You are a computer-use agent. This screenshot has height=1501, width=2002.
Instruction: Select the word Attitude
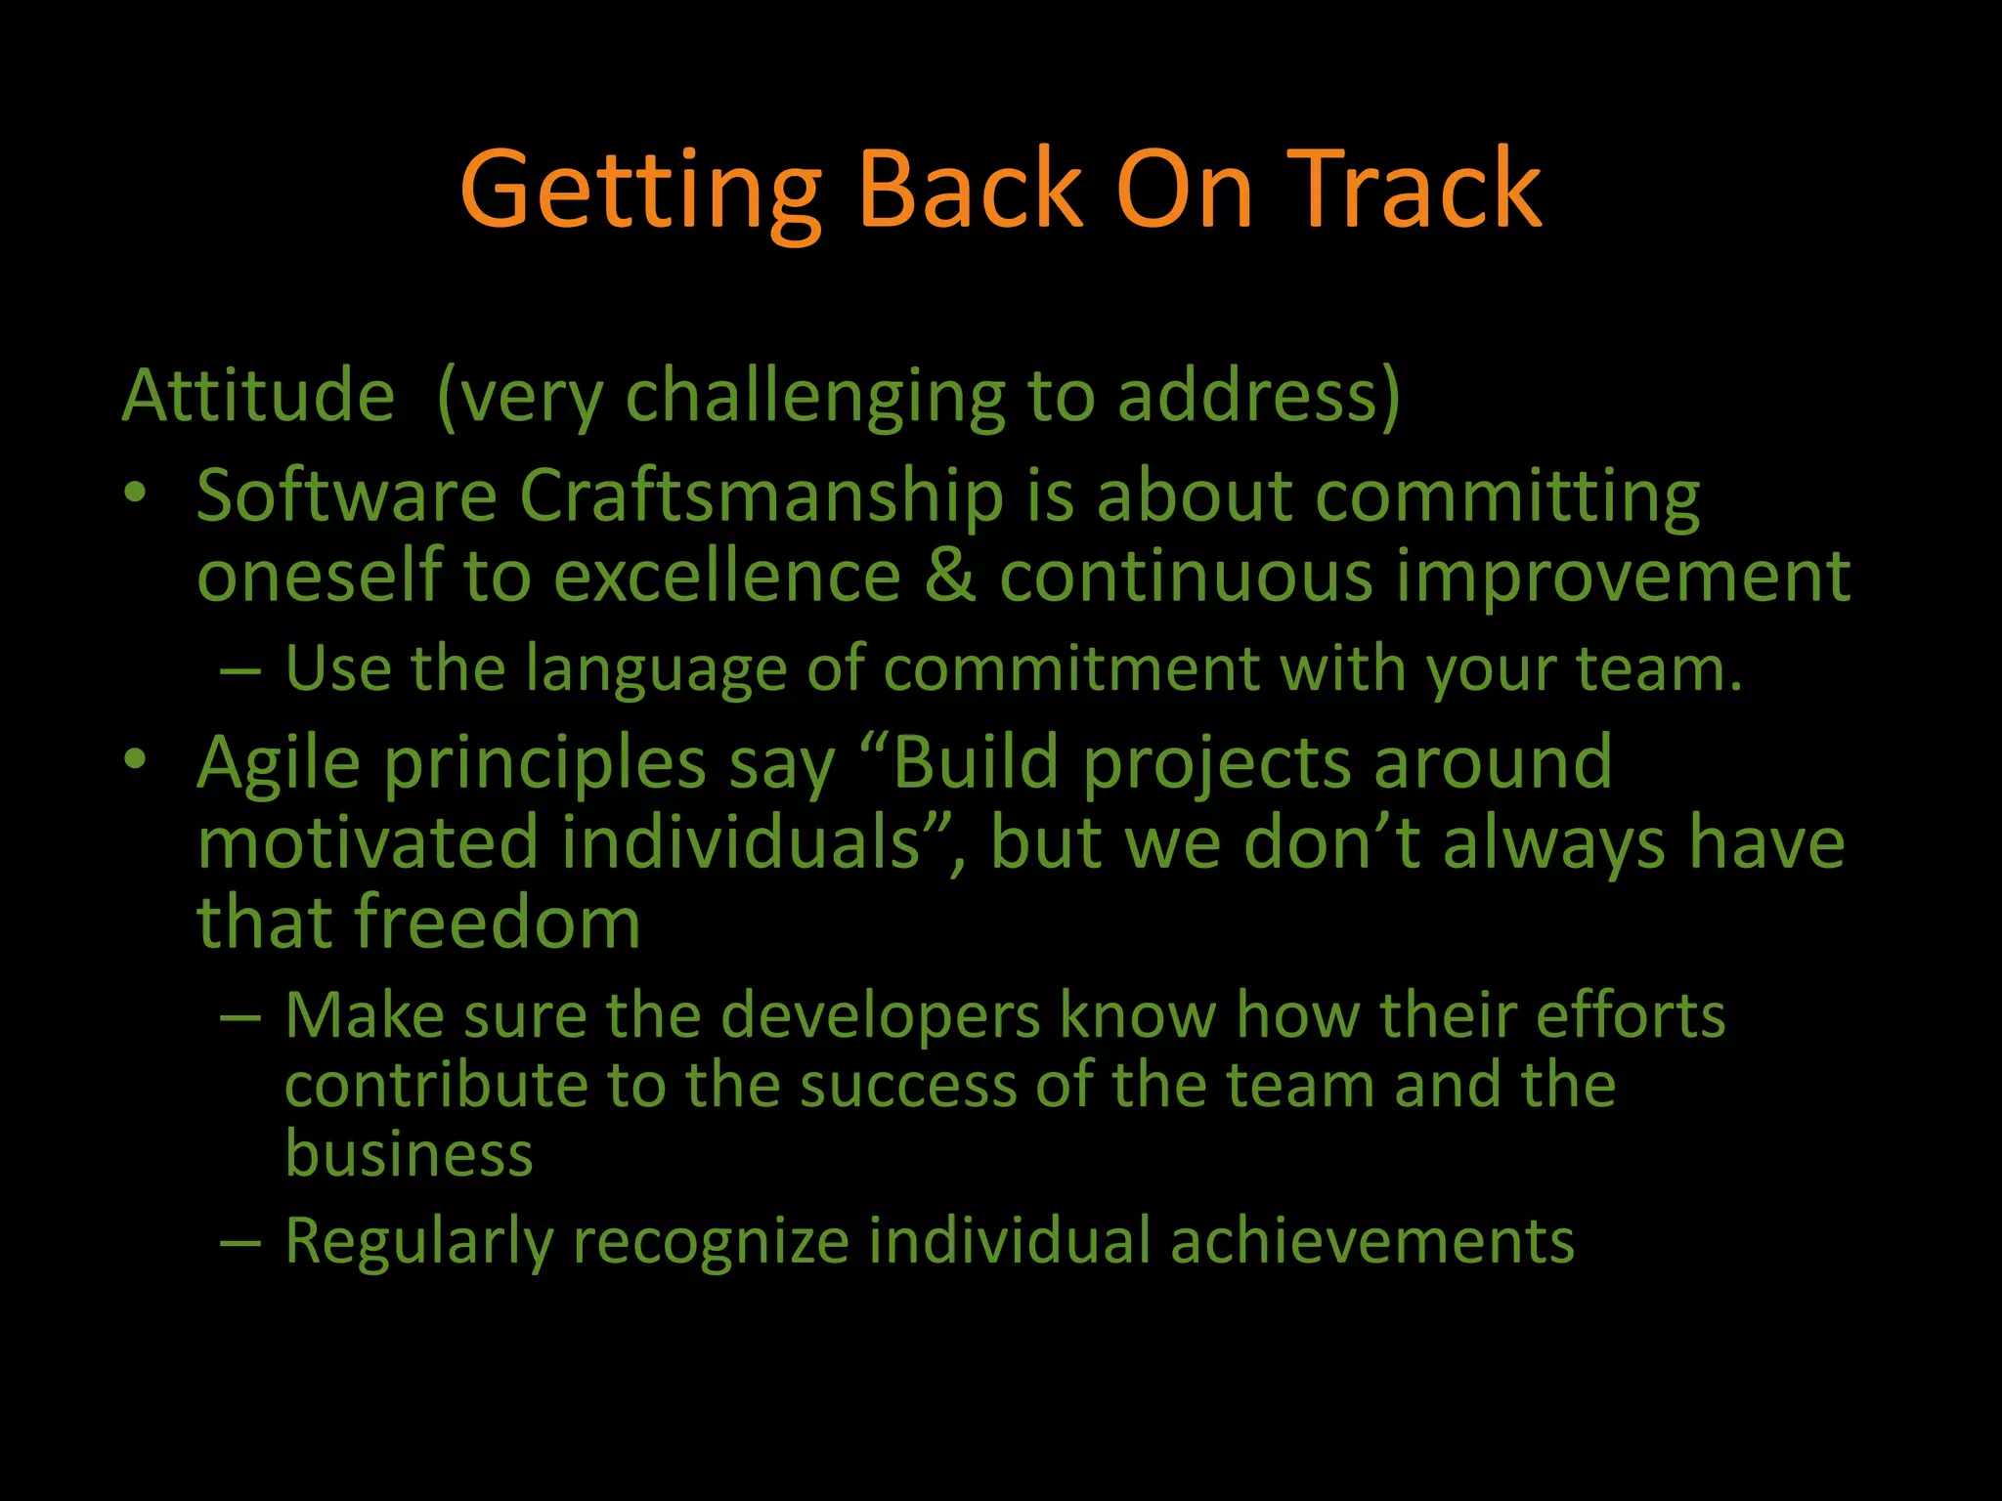(x=258, y=396)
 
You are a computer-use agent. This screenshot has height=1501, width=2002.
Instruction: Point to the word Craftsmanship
(x=762, y=496)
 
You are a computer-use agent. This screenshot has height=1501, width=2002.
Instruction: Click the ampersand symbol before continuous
(x=949, y=576)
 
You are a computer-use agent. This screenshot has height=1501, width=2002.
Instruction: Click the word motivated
(x=368, y=843)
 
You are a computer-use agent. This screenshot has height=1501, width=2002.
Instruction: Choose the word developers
(x=880, y=1017)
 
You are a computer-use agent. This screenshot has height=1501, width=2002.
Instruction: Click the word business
(x=409, y=1155)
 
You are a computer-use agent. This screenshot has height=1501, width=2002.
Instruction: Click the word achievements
(x=1371, y=1241)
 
